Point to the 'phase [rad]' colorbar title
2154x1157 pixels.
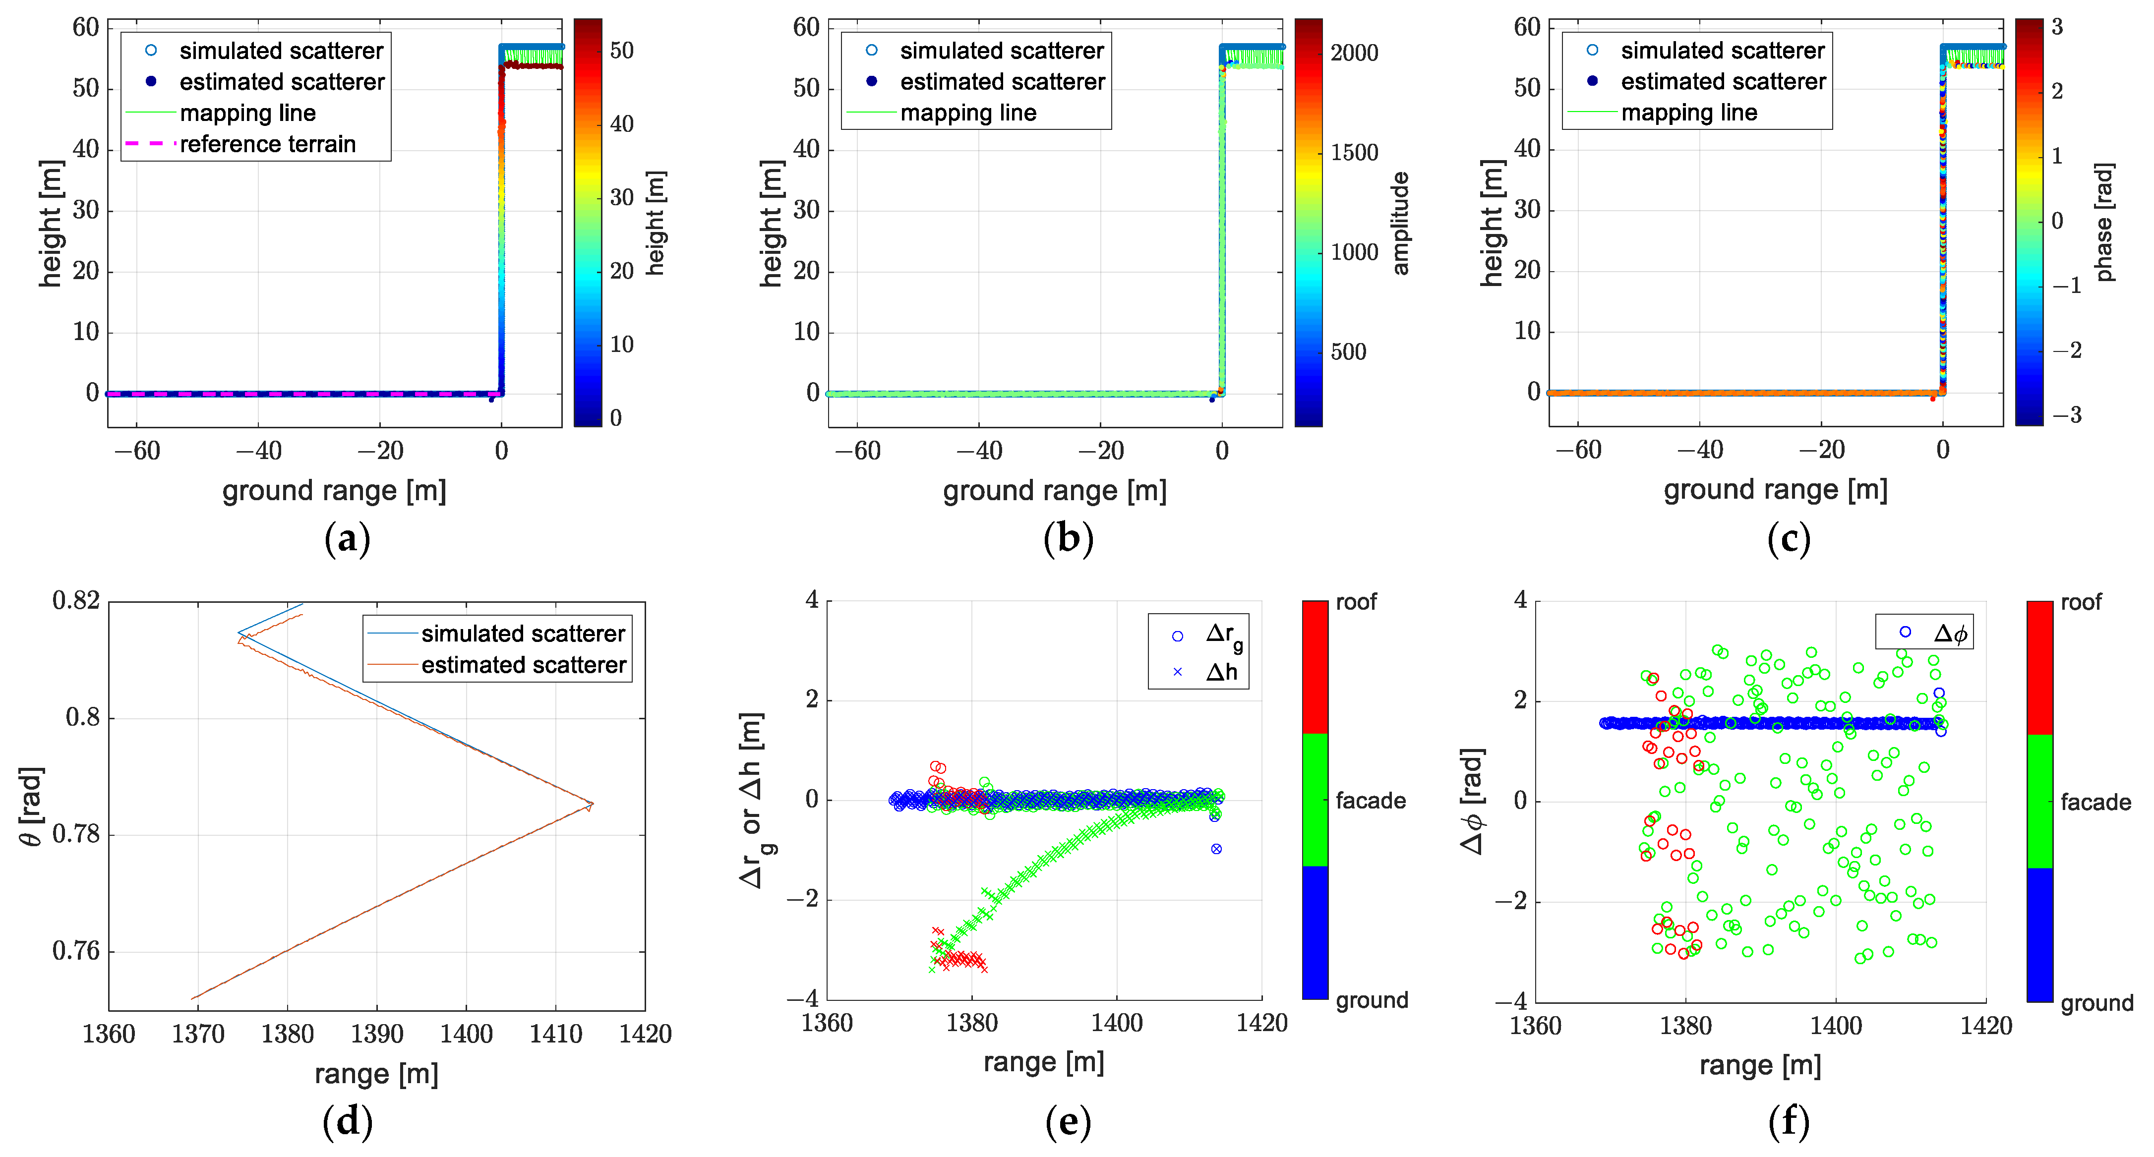[x=2105, y=222]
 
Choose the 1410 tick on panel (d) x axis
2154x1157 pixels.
[x=555, y=1034]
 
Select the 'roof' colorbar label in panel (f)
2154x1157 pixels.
[x=2081, y=602]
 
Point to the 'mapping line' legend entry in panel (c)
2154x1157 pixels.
[x=1688, y=113]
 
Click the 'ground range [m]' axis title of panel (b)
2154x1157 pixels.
[x=1054, y=491]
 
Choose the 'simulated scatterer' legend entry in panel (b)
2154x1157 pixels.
[x=1002, y=51]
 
